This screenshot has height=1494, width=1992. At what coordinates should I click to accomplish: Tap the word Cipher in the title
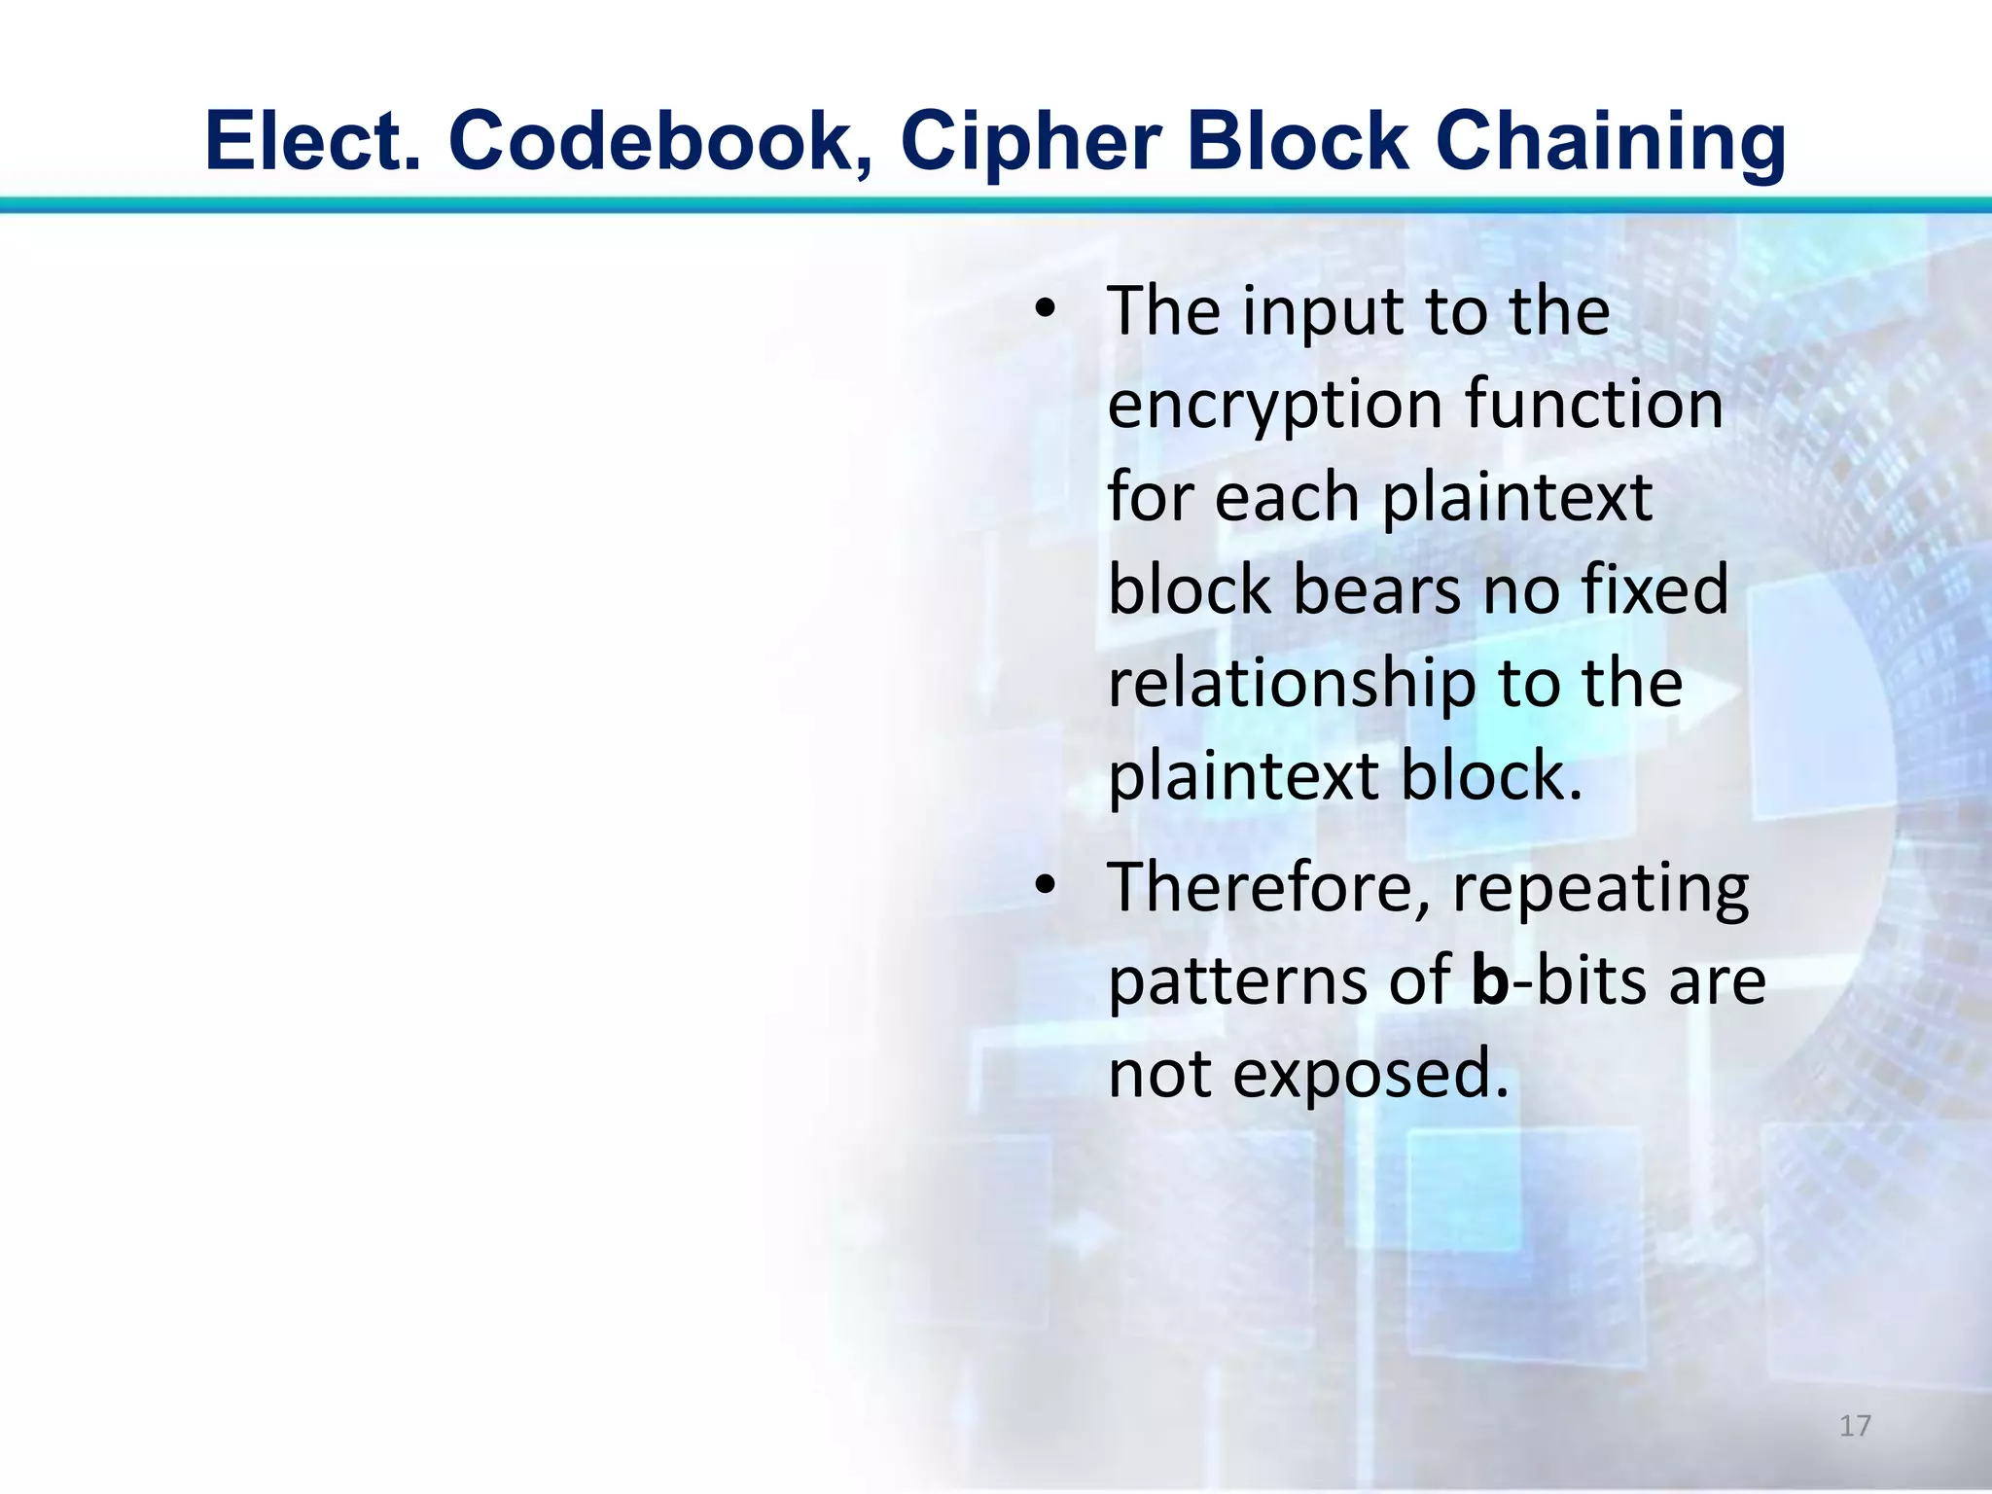coord(1031,142)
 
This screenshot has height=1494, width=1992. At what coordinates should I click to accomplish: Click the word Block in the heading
coord(1298,142)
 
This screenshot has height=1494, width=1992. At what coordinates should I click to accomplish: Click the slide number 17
coord(1855,1426)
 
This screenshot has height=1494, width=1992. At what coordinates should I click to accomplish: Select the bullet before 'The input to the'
coord(1045,311)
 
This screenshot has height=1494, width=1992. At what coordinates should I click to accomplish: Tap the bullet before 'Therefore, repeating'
coord(1045,887)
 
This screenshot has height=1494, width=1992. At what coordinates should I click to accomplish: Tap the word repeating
coord(1601,889)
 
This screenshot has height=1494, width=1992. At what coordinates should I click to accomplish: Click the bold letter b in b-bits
coord(1489,980)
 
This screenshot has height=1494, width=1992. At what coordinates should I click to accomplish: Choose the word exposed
coord(1372,1074)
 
